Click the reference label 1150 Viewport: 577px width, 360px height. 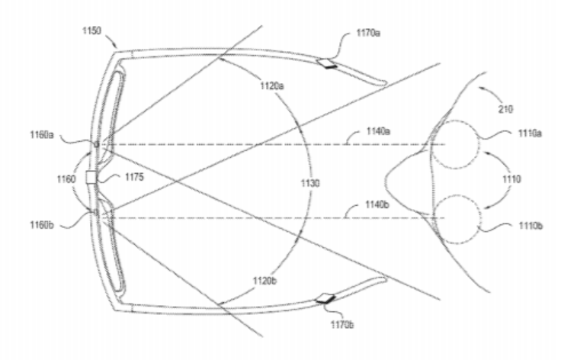(91, 31)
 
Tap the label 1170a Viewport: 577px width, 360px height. (368, 33)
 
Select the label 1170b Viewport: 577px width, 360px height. (342, 325)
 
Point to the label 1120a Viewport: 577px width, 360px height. (272, 86)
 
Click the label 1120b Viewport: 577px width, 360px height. (264, 281)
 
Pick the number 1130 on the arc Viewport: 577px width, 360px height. (310, 183)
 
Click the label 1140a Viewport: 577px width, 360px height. (378, 131)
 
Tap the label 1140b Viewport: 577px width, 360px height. (377, 204)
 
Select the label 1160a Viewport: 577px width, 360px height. (42, 135)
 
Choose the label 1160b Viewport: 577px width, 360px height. (42, 225)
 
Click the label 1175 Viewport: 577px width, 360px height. (134, 177)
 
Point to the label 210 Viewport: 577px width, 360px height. (505, 109)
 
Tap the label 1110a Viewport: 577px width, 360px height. (530, 133)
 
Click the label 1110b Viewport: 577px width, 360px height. (531, 225)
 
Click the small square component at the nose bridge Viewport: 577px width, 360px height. (91, 177)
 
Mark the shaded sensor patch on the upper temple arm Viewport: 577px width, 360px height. (327, 63)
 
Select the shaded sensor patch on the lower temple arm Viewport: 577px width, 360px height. (326, 299)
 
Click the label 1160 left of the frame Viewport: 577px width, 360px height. (66, 179)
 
